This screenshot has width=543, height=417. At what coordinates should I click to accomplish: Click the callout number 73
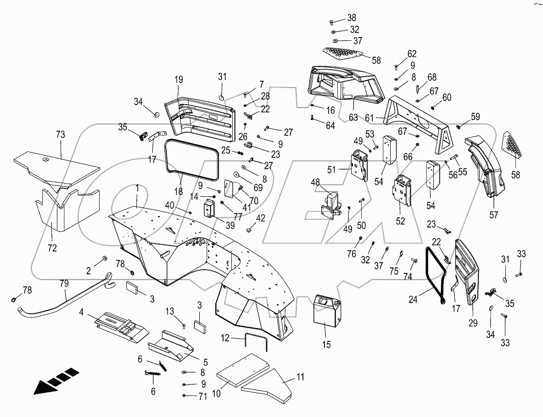tap(60, 135)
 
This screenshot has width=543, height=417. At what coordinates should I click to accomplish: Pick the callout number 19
tap(179, 79)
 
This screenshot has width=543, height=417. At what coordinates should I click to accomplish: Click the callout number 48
tap(315, 183)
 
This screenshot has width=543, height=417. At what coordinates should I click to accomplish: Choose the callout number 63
tap(353, 118)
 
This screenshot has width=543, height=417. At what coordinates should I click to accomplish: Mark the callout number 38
tap(351, 18)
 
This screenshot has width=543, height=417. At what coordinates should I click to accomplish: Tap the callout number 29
tap(473, 322)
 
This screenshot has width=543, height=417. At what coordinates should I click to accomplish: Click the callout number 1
tap(136, 188)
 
